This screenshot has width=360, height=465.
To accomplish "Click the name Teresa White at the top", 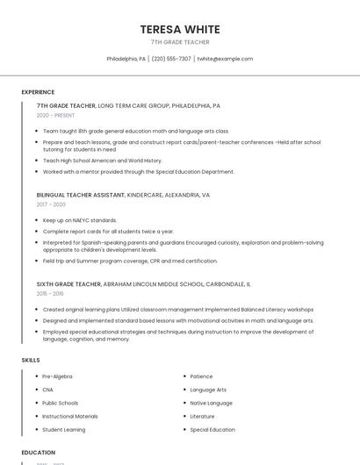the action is [x=180, y=29].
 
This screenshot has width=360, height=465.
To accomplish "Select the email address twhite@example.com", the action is [x=225, y=59].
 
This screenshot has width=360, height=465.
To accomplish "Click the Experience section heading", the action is [x=38, y=92].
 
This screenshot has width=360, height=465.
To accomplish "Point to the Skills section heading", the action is [x=31, y=360].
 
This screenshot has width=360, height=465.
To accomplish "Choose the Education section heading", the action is [x=39, y=453].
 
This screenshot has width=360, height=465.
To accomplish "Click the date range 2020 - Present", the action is [x=55, y=115].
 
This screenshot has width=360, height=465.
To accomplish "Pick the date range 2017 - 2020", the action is [x=51, y=204].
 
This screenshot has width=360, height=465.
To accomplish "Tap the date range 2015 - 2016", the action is [x=51, y=294].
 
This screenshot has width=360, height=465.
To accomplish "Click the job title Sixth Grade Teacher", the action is [x=68, y=284].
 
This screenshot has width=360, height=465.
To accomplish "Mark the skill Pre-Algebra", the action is [x=57, y=376].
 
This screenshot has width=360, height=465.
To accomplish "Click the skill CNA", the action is [x=47, y=390].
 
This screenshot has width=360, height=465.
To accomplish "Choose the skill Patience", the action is [x=201, y=376].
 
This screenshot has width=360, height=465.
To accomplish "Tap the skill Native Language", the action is [x=211, y=403].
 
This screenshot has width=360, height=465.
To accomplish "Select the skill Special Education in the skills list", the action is [x=212, y=430].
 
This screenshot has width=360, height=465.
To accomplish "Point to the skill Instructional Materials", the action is [x=70, y=416].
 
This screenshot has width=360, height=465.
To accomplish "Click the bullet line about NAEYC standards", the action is [x=79, y=220].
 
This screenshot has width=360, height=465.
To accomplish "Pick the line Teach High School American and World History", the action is [x=102, y=161].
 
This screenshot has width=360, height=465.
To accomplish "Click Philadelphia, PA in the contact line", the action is [x=126, y=59].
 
